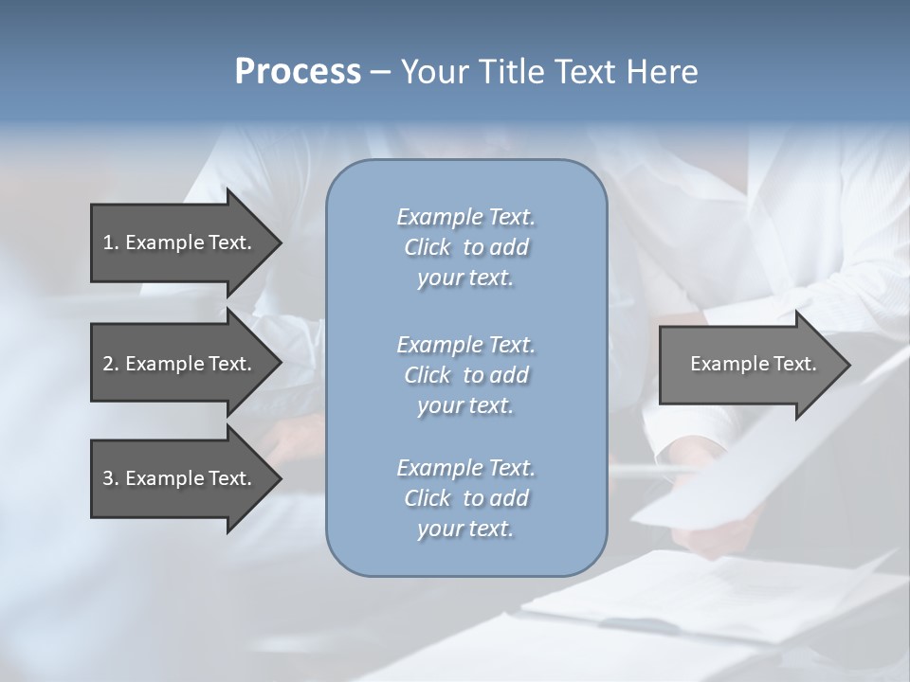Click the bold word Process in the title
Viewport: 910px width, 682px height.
click(x=298, y=72)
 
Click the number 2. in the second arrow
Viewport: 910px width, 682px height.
click(x=111, y=364)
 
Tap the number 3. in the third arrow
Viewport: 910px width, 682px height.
click(x=111, y=478)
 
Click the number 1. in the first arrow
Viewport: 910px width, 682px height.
click(x=111, y=242)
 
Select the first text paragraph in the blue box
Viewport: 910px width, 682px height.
click(x=465, y=247)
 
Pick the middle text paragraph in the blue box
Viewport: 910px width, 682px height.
click(x=465, y=374)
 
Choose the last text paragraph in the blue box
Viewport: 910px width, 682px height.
click(x=465, y=498)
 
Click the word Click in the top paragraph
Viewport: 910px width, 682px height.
click(x=428, y=247)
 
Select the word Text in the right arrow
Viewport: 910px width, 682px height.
click(x=795, y=364)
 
